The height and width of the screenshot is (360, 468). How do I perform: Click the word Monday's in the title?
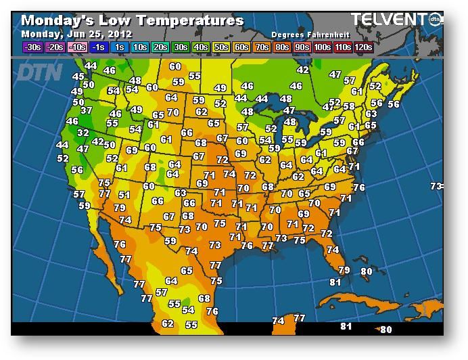coord(59,20)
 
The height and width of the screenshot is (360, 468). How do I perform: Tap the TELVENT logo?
coord(390,19)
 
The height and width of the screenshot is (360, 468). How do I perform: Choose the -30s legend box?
coord(31,47)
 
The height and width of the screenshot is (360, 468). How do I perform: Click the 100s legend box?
coord(321,47)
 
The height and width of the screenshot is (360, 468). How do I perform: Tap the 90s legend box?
coord(302,47)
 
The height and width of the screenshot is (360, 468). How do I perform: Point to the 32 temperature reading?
coord(83,133)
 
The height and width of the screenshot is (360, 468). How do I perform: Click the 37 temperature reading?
coord(87,110)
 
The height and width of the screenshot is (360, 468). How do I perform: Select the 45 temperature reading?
coord(78,77)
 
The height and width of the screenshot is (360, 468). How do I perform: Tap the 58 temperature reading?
coord(348,106)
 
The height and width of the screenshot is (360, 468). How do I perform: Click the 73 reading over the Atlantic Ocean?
coord(436,186)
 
